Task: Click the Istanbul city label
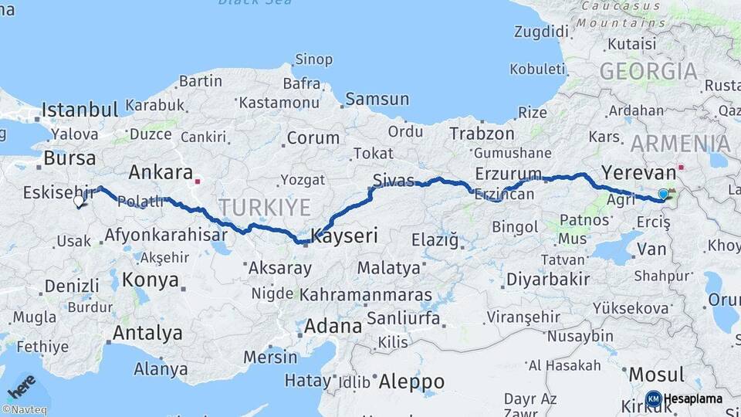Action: [80, 108]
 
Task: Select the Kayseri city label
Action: [344, 236]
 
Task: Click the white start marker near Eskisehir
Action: [79, 202]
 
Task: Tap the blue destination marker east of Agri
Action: [663, 195]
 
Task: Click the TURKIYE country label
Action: [264, 207]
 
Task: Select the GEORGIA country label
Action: [648, 72]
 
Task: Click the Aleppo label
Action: [411, 381]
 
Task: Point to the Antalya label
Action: [147, 333]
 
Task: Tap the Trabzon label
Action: [482, 134]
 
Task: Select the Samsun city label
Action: [377, 99]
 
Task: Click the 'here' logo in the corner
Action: [21, 385]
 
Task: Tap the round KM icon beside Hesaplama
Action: [653, 398]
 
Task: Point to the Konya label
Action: [151, 280]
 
